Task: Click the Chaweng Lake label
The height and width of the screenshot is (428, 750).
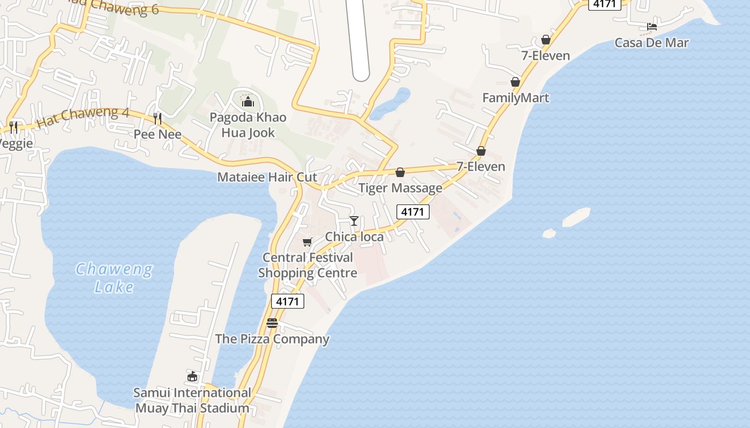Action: pyautogui.click(x=114, y=278)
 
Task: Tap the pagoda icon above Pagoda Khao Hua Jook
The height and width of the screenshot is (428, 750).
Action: pyautogui.click(x=247, y=101)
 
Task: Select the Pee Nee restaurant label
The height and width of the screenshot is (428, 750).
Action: pyautogui.click(x=157, y=134)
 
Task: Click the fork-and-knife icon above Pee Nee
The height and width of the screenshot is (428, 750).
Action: pyautogui.click(x=157, y=118)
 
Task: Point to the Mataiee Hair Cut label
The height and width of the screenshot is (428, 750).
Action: pyautogui.click(x=267, y=177)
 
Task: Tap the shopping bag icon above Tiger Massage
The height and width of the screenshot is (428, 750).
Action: pyautogui.click(x=400, y=172)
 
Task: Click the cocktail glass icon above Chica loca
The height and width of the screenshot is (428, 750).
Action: pyautogui.click(x=354, y=220)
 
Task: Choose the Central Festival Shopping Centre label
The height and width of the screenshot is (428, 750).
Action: pyautogui.click(x=307, y=265)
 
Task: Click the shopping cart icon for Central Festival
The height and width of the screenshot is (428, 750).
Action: pyautogui.click(x=307, y=242)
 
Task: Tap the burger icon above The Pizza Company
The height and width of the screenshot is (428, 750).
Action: pyautogui.click(x=272, y=323)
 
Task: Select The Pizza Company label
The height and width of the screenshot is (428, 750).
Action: pyautogui.click(x=272, y=339)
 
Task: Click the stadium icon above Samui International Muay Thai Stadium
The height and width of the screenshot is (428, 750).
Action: pyautogui.click(x=192, y=377)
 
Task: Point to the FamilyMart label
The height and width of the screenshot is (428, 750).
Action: pyautogui.click(x=515, y=98)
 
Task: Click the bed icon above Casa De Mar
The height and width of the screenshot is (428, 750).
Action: pyautogui.click(x=651, y=26)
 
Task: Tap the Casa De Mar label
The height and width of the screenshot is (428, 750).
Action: pyautogui.click(x=651, y=43)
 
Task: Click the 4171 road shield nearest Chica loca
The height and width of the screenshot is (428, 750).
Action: pyautogui.click(x=413, y=212)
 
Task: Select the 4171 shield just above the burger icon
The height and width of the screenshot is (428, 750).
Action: pyautogui.click(x=288, y=301)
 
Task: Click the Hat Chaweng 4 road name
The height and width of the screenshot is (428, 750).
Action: pyautogui.click(x=83, y=117)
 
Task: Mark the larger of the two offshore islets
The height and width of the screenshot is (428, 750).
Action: pyautogui.click(x=576, y=216)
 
